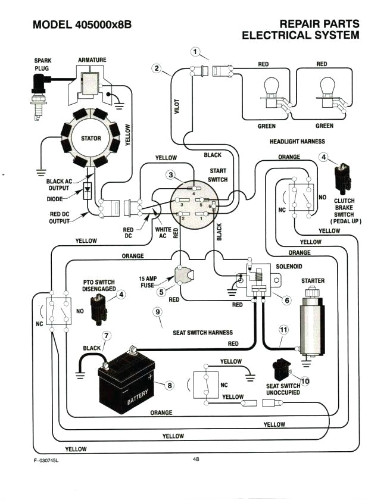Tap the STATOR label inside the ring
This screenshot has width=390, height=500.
tap(91, 139)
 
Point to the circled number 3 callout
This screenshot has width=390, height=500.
tap(171, 175)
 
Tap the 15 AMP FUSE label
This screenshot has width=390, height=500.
tap(148, 282)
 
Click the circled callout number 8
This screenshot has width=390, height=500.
tap(170, 386)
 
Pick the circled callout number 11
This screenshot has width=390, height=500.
tap(283, 329)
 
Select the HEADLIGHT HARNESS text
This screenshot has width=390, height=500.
tap(297, 142)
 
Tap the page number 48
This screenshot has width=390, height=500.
tap(196, 459)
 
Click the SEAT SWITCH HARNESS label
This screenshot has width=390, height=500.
tap(202, 333)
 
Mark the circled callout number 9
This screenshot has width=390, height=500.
tap(157, 312)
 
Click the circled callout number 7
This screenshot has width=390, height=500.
tap(106, 336)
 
